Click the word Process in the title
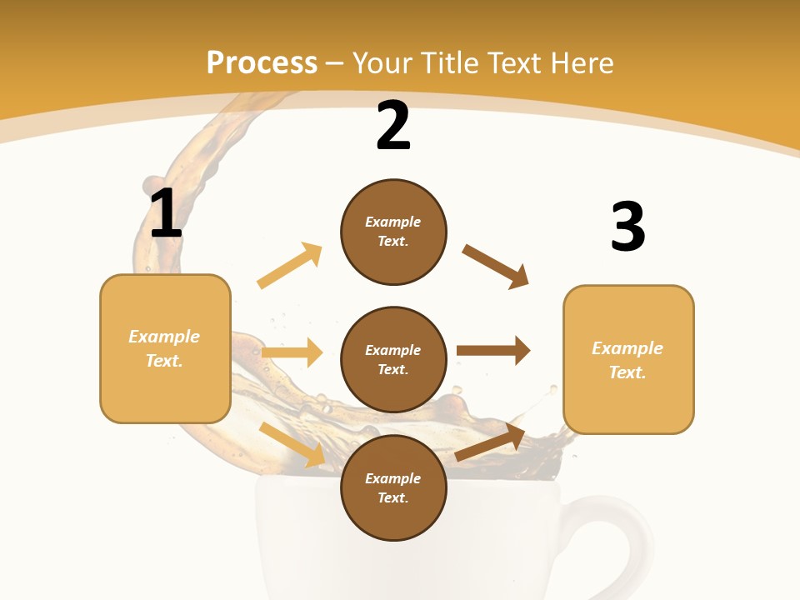pos(262,63)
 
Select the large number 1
pos(166,214)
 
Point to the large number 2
pos(393,127)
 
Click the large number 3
pos(627,227)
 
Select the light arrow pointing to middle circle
pos(292,352)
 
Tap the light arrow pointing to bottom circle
pos(292,444)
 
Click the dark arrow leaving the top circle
pos(496,267)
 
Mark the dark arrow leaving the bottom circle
pos(490,442)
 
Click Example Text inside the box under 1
pos(164,348)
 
